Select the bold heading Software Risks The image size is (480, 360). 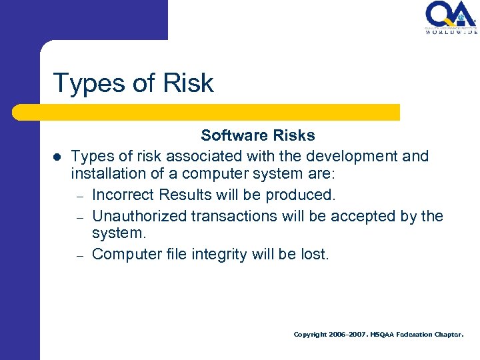pyautogui.click(x=258, y=135)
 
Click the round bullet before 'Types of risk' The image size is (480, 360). pyautogui.click(x=57, y=157)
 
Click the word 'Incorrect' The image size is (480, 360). pyautogui.click(x=121, y=195)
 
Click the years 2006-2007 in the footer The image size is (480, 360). pyautogui.click(x=349, y=335)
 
